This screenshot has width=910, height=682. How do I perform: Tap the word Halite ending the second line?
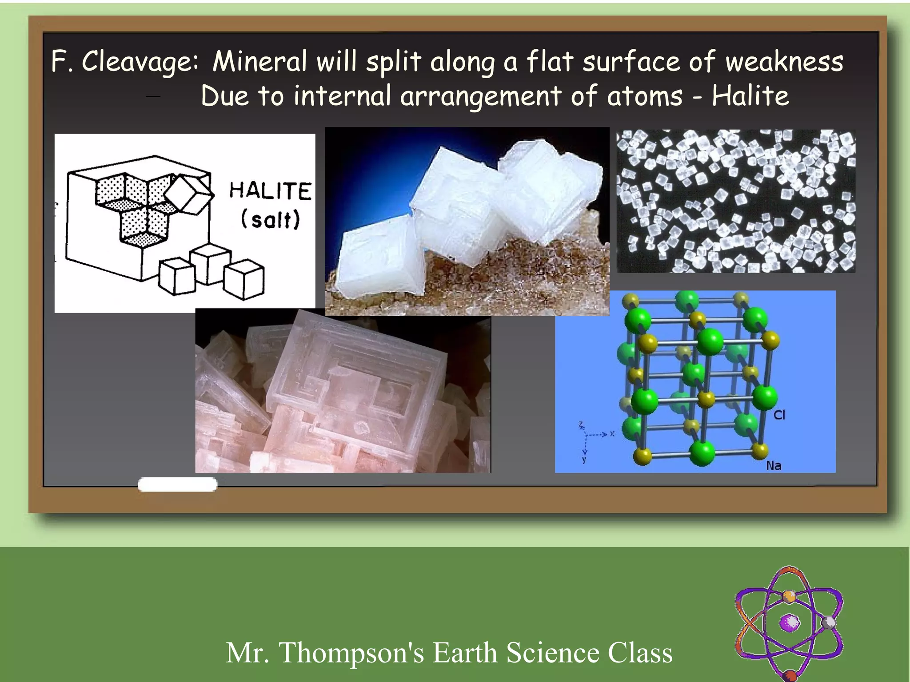750,96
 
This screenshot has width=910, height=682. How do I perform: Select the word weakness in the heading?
784,62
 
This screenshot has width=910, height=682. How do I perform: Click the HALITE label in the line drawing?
270,191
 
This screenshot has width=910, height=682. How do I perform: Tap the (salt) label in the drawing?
270,219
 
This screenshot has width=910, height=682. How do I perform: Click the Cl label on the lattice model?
779,415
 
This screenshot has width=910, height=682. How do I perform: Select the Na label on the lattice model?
774,465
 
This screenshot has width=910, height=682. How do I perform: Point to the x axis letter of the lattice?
612,434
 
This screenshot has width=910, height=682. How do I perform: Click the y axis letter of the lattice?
584,460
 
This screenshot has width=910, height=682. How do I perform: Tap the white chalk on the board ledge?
177,484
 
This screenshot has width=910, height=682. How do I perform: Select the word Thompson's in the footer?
351,653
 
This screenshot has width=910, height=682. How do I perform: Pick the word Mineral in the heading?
259,62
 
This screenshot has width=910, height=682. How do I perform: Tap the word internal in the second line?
342,96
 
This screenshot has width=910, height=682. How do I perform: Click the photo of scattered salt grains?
736,201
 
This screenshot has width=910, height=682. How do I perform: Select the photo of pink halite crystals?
343,391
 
